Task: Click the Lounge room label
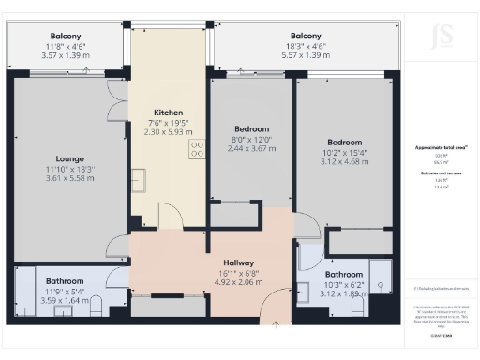[70, 158]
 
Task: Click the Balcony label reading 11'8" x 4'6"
[67, 35]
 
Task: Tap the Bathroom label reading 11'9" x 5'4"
[65, 280]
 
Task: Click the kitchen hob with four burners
[198, 150]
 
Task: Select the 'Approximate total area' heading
[441, 148]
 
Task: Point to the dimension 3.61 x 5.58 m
[71, 177]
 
